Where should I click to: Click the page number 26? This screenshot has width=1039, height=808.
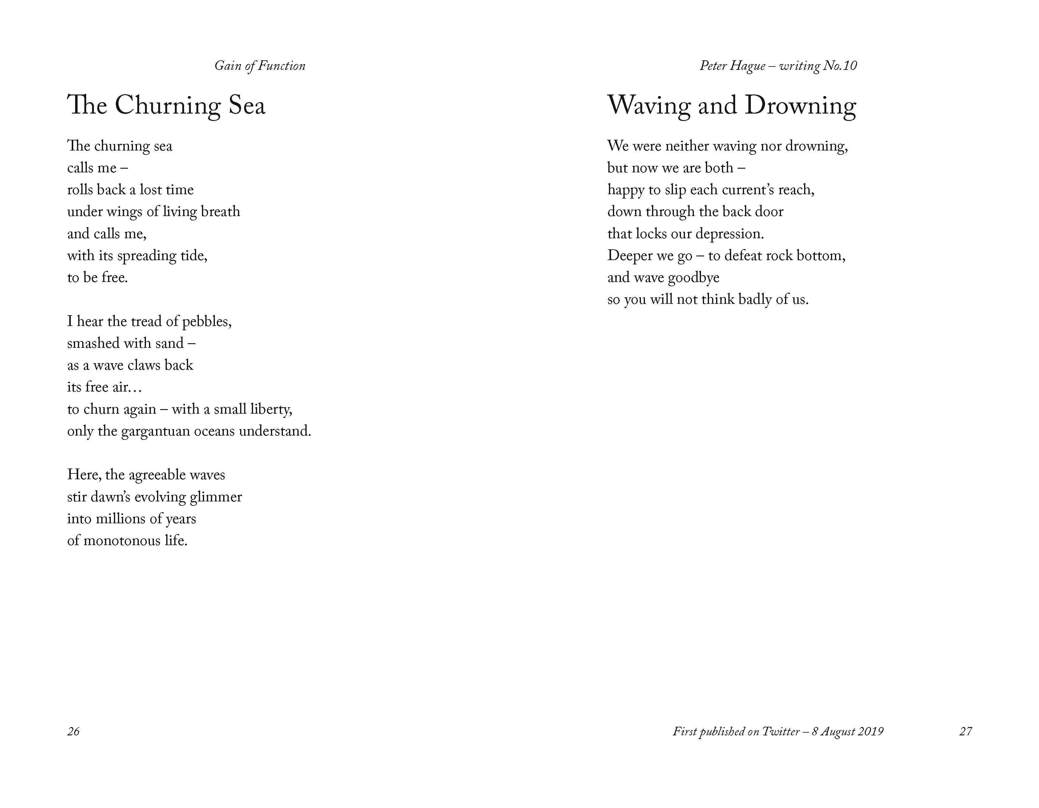tap(73, 731)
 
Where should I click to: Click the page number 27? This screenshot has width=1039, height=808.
tap(965, 731)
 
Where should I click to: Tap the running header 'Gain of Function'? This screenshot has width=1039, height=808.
tap(260, 66)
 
